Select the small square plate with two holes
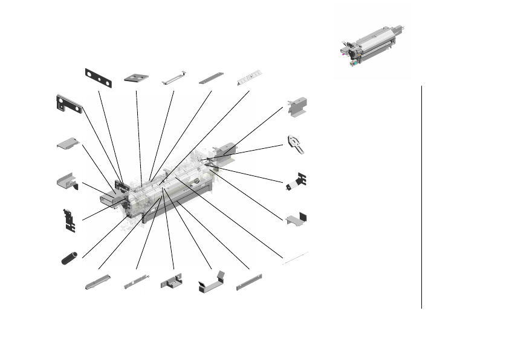click(x=137, y=77)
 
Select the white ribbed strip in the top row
click(x=249, y=77)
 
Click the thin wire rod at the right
click(x=296, y=258)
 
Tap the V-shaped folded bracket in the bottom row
click(x=211, y=281)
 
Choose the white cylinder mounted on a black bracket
click(x=296, y=182)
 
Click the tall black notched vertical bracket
click(x=70, y=220)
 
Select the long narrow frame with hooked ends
click(x=173, y=79)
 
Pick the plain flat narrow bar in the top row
click(x=211, y=78)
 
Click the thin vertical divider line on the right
click(x=421, y=197)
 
